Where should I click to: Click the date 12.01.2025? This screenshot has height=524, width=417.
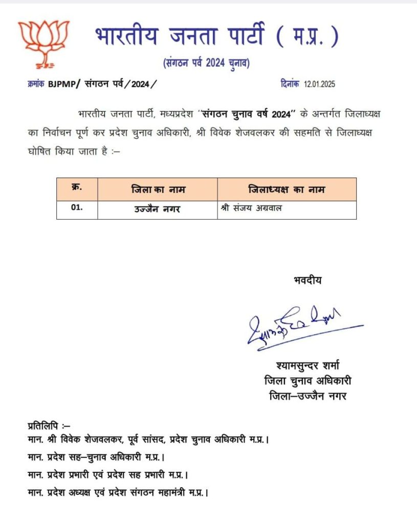[x=320, y=84]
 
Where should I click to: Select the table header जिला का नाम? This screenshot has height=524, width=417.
[x=158, y=190]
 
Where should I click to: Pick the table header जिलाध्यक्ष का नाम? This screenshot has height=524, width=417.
[x=287, y=190]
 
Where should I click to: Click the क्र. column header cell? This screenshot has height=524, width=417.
[x=77, y=189]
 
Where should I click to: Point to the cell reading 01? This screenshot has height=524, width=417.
[x=77, y=210]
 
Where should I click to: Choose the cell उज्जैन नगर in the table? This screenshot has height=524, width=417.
[x=158, y=210]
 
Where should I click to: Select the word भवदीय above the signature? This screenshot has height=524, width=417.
[x=308, y=279]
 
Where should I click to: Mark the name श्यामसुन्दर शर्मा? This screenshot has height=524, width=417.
[x=307, y=365]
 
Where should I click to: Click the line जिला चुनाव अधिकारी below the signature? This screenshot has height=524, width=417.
[x=307, y=381]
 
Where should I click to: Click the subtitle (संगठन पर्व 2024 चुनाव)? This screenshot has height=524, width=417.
[x=207, y=63]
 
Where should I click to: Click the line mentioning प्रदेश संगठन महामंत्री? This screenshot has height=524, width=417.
[x=118, y=492]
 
